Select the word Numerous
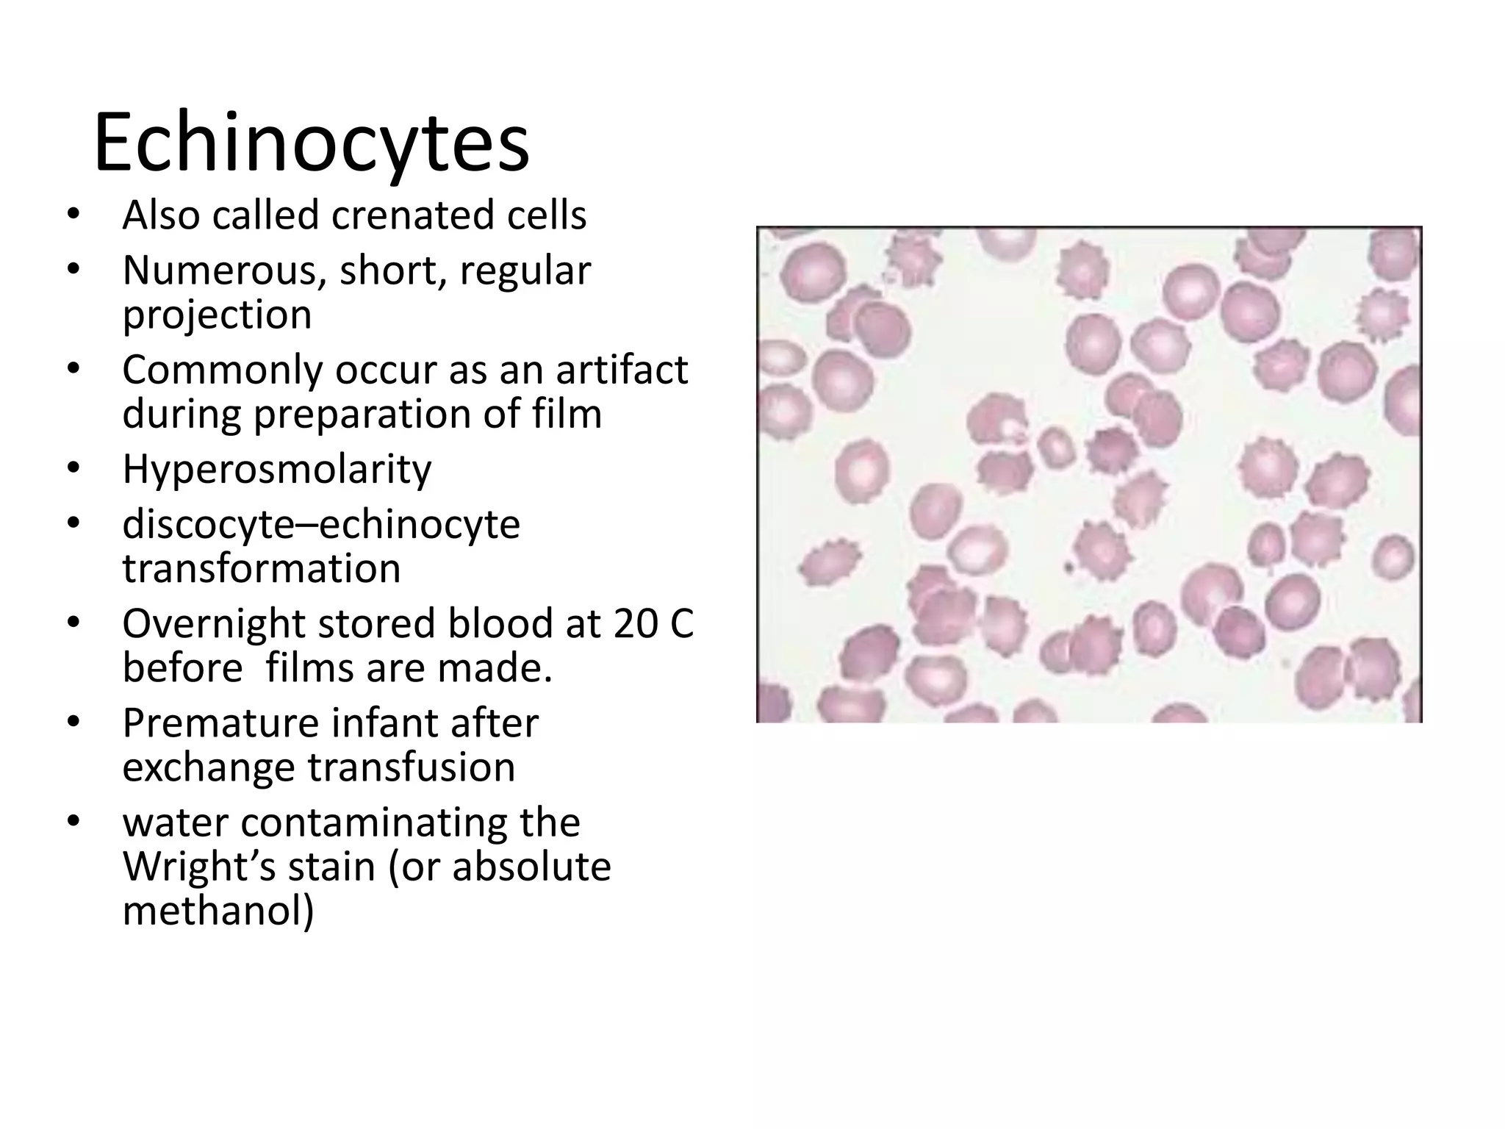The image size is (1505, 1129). pyautogui.click(x=224, y=270)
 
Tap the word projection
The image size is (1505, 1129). pyautogui.click(x=217, y=315)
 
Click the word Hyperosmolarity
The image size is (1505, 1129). pyautogui.click(x=277, y=469)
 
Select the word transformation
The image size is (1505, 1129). pyautogui.click(x=262, y=568)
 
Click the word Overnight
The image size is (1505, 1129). pyautogui.click(x=213, y=624)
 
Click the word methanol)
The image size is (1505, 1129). pyautogui.click(x=218, y=911)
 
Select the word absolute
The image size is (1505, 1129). pyautogui.click(x=531, y=867)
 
